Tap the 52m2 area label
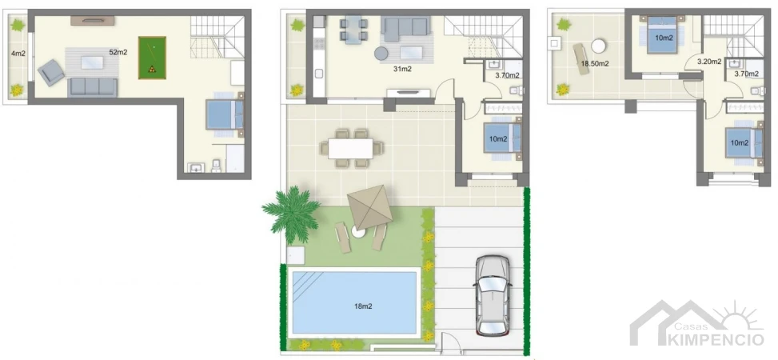[118, 53]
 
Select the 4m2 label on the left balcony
[17, 54]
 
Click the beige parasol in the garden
[367, 207]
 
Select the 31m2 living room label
[402, 70]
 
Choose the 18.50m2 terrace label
[595, 63]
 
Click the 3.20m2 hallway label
[708, 62]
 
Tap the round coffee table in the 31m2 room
[382, 54]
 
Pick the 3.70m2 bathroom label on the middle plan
[507, 76]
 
